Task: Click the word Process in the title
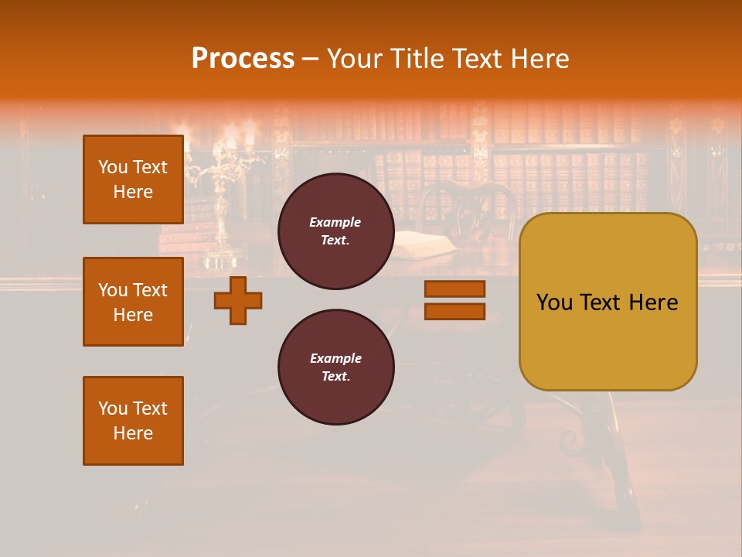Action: [243, 59]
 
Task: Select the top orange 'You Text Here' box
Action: [133, 179]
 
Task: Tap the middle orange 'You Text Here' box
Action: [133, 302]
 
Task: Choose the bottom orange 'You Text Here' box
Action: [133, 421]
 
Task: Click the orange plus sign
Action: [238, 300]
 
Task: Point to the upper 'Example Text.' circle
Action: [335, 231]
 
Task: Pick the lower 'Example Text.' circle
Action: [335, 367]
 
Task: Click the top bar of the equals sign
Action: [454, 289]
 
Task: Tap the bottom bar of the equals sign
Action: [454, 312]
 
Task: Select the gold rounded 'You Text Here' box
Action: [608, 302]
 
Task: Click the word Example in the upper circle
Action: [335, 222]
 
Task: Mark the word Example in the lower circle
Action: [335, 358]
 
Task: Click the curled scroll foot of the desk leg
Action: [570, 443]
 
